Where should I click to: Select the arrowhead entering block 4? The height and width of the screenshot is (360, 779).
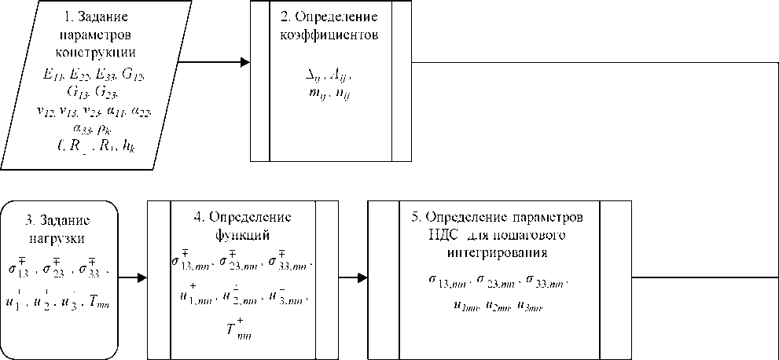coord(142,277)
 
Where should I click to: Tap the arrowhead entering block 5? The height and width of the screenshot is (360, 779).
coord(362,277)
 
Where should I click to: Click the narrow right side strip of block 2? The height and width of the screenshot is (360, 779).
coord(401,80)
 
